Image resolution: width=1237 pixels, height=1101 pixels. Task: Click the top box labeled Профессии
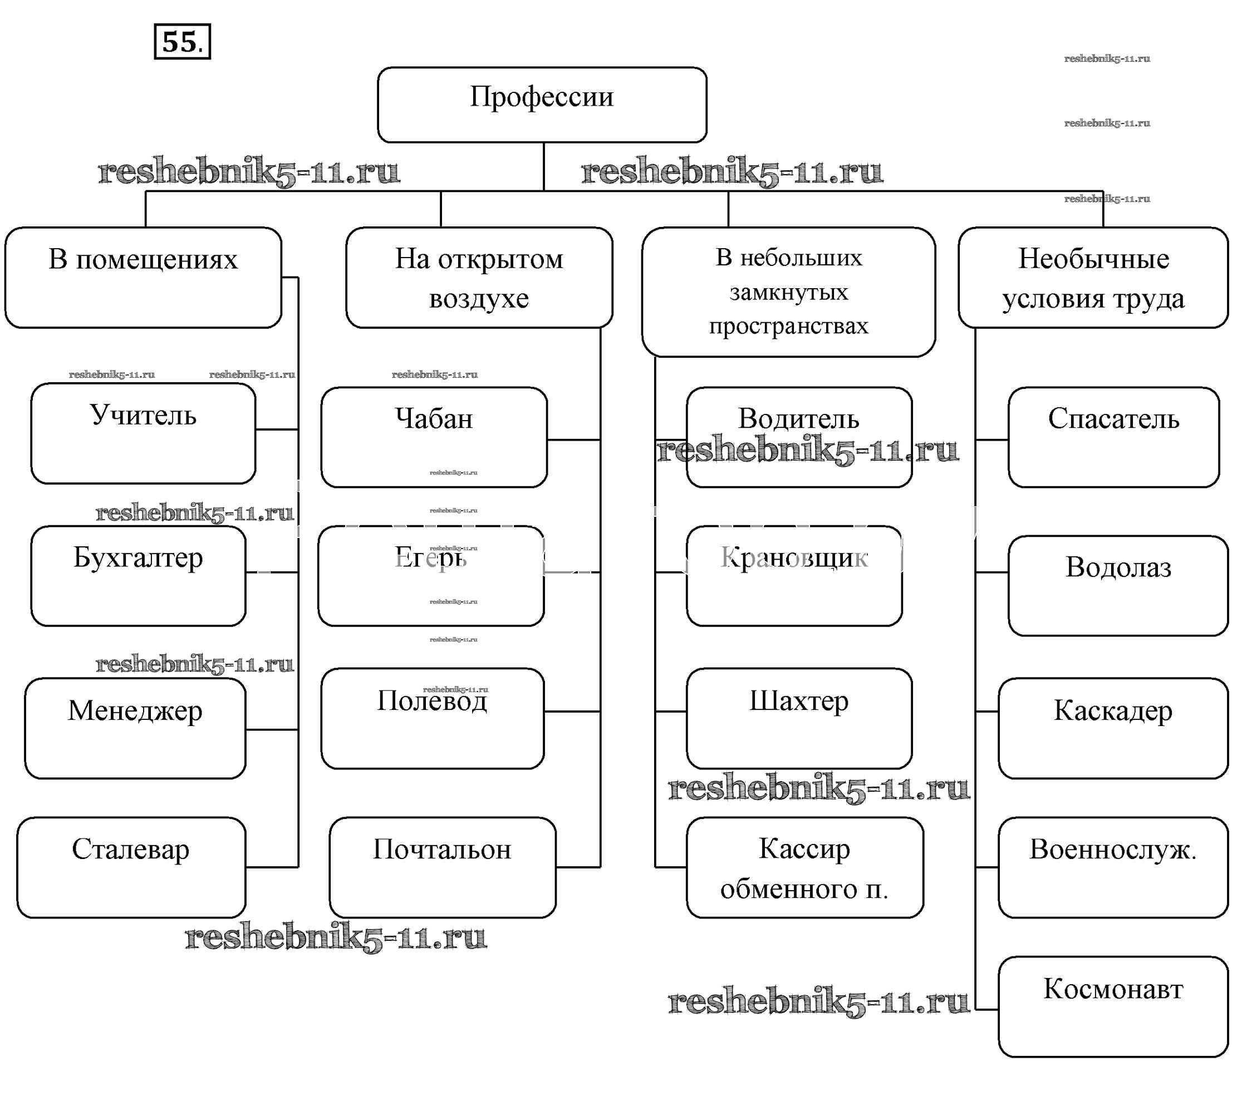tap(542, 104)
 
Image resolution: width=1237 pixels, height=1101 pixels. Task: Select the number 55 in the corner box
tap(181, 42)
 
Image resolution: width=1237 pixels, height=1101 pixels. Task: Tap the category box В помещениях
tap(144, 277)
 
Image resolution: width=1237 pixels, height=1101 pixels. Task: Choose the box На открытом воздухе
tap(479, 278)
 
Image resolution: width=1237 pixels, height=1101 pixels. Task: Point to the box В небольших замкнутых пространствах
tap(788, 292)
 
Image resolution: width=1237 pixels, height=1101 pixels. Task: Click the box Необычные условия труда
tap(1093, 278)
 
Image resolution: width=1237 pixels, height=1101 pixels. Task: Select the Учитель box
tap(144, 433)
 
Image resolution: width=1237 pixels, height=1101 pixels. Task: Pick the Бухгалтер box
tap(138, 575)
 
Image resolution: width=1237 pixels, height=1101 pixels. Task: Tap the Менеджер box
tap(135, 728)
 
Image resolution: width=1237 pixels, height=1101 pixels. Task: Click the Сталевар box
tap(131, 867)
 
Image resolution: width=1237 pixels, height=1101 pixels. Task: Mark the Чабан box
tap(433, 437)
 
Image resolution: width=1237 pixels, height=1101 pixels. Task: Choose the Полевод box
tap(432, 718)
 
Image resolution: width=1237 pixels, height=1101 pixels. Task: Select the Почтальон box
tap(443, 867)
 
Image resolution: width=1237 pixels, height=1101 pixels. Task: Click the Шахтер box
tap(799, 718)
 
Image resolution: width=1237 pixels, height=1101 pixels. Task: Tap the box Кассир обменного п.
tap(804, 867)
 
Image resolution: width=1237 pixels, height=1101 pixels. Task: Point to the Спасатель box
tap(1113, 437)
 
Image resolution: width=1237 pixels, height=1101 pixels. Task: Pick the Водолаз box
tap(1118, 585)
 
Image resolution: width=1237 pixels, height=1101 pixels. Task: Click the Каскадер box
tap(1113, 728)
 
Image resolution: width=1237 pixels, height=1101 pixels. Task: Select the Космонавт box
tap(1113, 1006)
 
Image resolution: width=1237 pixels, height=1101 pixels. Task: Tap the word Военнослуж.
tap(1113, 850)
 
